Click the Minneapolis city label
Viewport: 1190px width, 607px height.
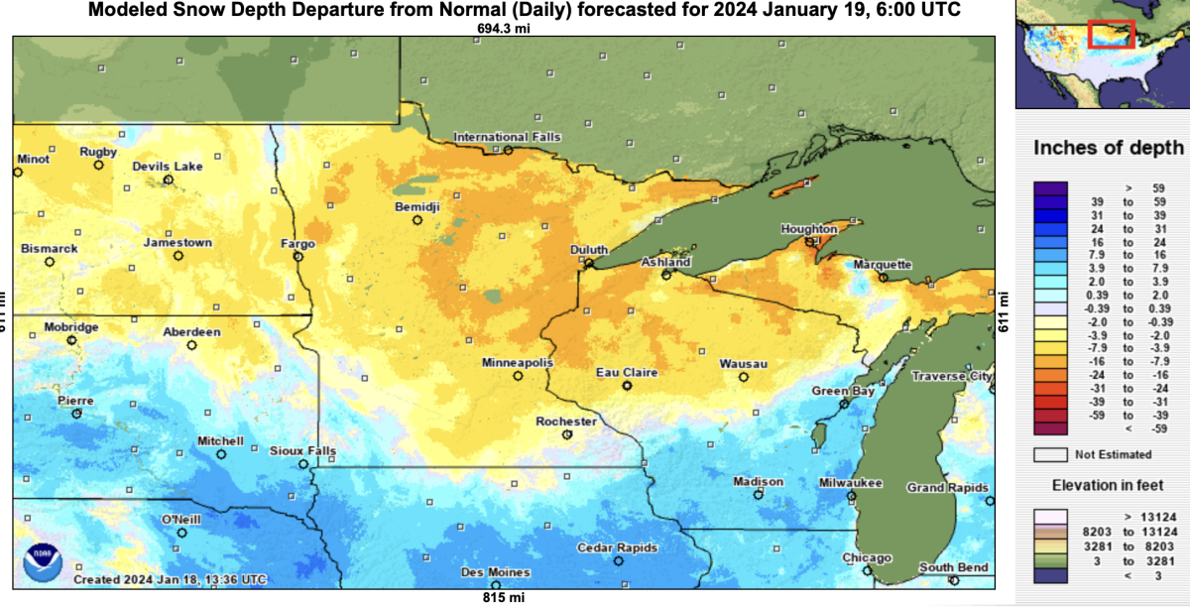pos(517,363)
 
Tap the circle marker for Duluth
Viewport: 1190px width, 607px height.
pos(588,264)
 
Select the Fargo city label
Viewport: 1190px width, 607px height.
pos(297,243)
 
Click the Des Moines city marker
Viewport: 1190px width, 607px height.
pos(496,586)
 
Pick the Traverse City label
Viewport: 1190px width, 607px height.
pos(951,376)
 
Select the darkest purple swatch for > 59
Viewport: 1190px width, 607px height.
pos(1051,186)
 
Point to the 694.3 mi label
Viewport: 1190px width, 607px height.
pos(502,29)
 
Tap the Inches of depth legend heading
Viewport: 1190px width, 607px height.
pos(1108,148)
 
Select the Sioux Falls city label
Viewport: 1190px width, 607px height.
pos(302,451)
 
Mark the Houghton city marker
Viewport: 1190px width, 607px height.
pos(811,241)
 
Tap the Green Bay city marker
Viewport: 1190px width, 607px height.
pos(844,404)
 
